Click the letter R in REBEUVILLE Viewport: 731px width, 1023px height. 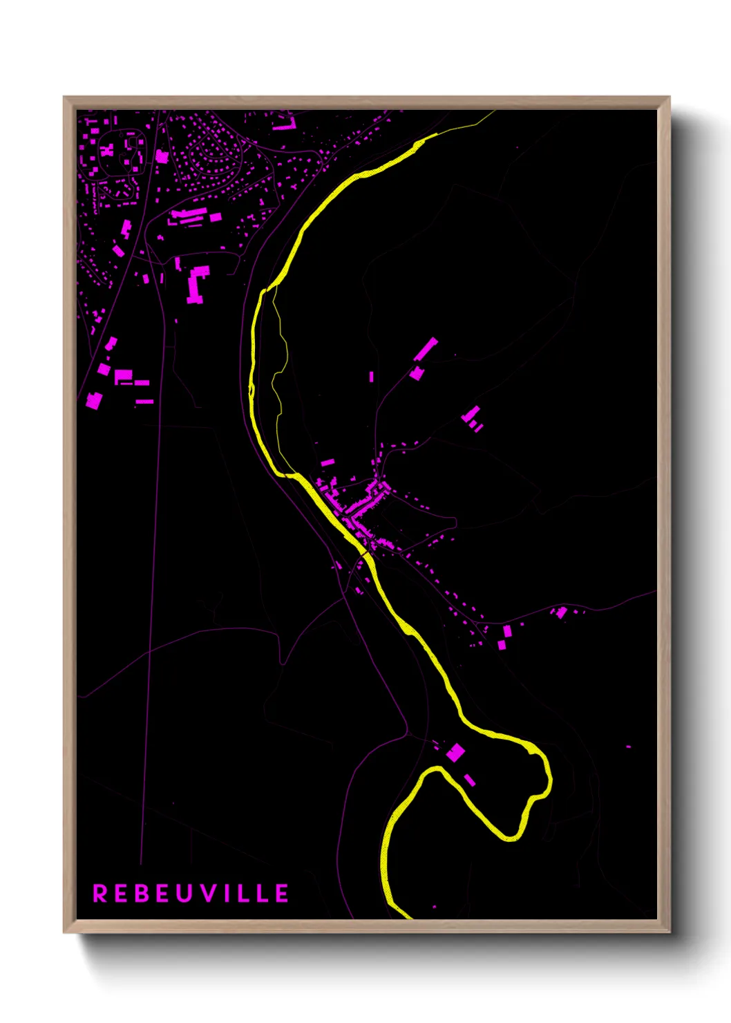(100, 893)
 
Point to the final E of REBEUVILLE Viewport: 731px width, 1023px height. (282, 893)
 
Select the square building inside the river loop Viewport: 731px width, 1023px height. (455, 752)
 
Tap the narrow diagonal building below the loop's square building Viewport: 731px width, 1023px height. (470, 780)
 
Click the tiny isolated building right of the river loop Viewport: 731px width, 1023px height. (628, 747)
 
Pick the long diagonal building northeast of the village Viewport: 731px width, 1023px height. (426, 349)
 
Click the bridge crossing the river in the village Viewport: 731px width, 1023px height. (365, 553)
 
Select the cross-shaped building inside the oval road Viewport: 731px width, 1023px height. (108, 149)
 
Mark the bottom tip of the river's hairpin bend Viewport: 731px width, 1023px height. (511, 838)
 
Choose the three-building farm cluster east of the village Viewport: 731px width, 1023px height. (473, 417)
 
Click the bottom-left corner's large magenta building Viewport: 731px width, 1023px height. (93, 400)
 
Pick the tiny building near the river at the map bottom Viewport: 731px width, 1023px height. (434, 906)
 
